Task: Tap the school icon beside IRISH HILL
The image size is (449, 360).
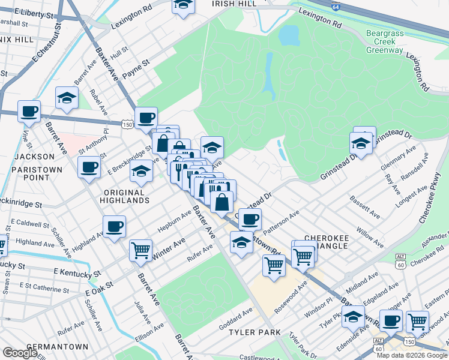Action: [183, 5]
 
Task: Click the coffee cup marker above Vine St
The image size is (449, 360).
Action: [29, 111]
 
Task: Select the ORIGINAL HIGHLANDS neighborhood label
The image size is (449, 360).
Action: [122, 196]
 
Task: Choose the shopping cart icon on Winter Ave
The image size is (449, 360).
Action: [140, 250]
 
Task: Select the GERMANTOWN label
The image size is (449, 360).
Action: [54, 347]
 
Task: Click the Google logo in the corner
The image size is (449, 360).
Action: [20, 353]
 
